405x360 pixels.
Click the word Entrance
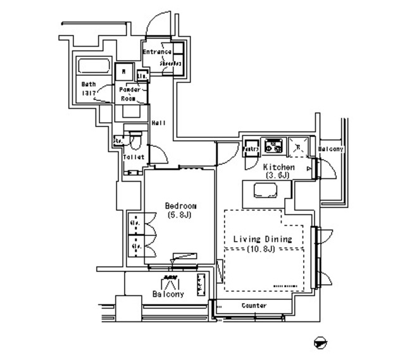coord(156,52)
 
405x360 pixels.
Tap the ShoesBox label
coord(170,64)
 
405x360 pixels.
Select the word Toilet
coord(134,157)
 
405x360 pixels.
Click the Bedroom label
coord(180,206)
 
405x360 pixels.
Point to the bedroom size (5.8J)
coord(180,215)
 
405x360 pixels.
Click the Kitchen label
coord(278,167)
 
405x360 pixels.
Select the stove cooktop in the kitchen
coord(274,146)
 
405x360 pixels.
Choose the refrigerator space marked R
coord(297,146)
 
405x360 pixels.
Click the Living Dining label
coord(262,239)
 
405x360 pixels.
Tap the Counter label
coord(254,306)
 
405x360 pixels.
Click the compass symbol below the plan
coord(322,343)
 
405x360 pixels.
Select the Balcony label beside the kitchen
coord(330,149)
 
